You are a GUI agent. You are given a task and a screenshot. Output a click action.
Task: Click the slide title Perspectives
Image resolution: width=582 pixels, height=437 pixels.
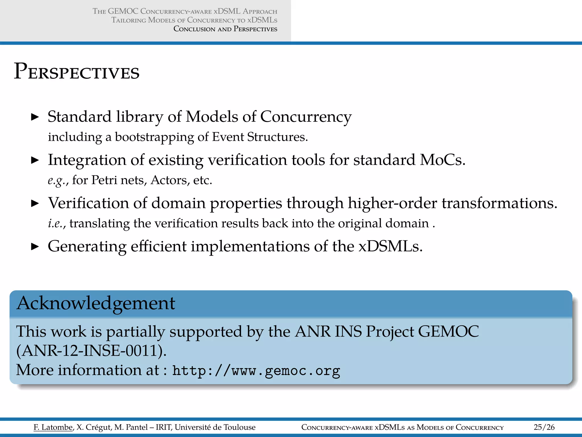77,72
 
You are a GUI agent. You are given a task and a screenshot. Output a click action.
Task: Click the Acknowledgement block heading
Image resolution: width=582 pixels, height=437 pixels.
96,303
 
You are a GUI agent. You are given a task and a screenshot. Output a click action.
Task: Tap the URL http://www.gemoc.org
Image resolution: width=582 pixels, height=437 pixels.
256,371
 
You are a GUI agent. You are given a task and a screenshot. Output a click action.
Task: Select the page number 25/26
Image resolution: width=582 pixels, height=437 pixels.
544,427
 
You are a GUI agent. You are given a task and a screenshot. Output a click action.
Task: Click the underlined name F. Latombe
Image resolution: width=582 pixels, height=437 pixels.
53,427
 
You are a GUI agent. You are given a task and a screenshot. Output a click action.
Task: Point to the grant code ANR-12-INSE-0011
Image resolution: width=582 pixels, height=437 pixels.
91,351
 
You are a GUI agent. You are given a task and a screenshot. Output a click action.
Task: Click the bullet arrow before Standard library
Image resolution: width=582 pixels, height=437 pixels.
35,117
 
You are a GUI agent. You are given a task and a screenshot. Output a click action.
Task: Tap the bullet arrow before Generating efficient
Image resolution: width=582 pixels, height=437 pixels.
35,246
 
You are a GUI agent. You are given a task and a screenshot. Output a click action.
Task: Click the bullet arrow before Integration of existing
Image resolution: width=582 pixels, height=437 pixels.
35,160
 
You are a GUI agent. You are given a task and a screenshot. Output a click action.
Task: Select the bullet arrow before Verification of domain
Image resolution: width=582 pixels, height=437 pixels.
35,203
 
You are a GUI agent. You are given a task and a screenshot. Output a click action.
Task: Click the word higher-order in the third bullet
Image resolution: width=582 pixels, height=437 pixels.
392,203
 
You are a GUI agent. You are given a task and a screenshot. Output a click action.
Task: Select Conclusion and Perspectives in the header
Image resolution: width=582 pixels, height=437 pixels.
225,29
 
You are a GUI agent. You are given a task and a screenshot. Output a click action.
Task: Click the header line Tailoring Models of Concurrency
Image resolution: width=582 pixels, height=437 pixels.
194,20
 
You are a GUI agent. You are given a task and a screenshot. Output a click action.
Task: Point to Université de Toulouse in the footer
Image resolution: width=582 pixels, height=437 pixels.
215,427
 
